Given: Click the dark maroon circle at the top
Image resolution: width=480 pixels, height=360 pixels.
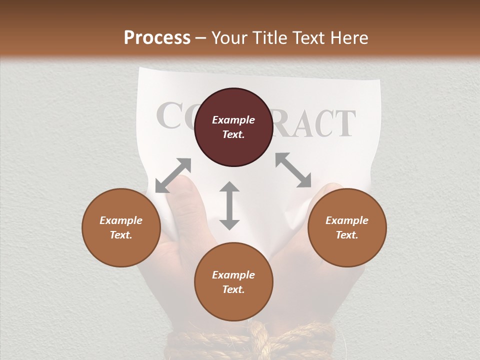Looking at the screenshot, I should coord(233,127).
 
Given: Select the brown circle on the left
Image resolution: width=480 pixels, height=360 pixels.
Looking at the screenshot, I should coord(121,227).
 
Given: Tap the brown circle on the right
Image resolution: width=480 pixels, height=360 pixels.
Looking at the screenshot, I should coord(347,227).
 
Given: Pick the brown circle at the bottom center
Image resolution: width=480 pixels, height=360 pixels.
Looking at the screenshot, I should coord(233,282).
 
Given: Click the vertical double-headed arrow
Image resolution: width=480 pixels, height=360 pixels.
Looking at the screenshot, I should coord(229,205).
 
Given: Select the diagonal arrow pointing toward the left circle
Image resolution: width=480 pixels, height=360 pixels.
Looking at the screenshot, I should coord(173,175).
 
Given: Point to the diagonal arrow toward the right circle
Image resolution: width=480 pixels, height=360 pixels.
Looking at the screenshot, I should coord(293,170).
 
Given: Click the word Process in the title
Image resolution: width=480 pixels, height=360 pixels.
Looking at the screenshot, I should coord(157,38).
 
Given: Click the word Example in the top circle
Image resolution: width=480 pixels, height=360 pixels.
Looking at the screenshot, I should coord(233,120).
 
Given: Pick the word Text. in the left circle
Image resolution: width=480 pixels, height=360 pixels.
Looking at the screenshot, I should coord(121,235).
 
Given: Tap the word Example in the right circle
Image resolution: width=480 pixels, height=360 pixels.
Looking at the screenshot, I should coord(347,220).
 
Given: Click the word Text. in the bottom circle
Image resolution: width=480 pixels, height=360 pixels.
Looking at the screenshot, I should coord(233,289).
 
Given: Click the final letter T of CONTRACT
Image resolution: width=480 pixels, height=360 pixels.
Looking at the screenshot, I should coord(344,124).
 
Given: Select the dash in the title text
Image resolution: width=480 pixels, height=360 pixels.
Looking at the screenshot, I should coord(201,38).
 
